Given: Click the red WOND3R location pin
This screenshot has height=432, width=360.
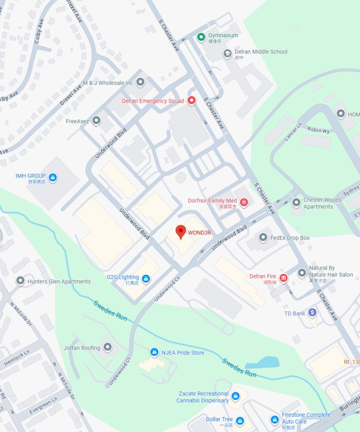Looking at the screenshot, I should (181, 232).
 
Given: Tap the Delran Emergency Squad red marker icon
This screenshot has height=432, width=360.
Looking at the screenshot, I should (191, 100).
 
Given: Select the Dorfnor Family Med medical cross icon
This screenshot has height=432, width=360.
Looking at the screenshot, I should (244, 203).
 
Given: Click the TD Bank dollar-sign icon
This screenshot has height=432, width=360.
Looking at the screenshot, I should (312, 312).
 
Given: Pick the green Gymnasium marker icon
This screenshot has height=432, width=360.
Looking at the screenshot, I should (202, 38).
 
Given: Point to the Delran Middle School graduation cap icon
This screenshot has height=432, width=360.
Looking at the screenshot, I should (228, 54).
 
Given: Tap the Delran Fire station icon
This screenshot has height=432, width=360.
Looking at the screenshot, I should (284, 278).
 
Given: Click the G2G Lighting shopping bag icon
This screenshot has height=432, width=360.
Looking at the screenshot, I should (146, 279).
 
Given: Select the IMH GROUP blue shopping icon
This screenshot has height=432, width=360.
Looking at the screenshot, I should (53, 178).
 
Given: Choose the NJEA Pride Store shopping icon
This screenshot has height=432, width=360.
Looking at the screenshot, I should (155, 352).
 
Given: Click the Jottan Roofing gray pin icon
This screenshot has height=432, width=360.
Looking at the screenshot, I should (108, 347).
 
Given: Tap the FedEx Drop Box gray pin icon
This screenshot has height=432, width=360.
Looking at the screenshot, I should (263, 238).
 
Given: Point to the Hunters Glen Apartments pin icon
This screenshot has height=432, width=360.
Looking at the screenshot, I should (20, 281).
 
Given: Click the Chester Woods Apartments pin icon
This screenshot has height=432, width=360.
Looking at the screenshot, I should (296, 202).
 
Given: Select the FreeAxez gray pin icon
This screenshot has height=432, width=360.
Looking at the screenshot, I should (97, 121).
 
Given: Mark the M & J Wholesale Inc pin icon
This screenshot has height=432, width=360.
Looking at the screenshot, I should (140, 82).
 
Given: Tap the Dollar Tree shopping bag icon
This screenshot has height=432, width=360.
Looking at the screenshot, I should (240, 421).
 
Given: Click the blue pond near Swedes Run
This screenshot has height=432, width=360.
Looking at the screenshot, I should (263, 363).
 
